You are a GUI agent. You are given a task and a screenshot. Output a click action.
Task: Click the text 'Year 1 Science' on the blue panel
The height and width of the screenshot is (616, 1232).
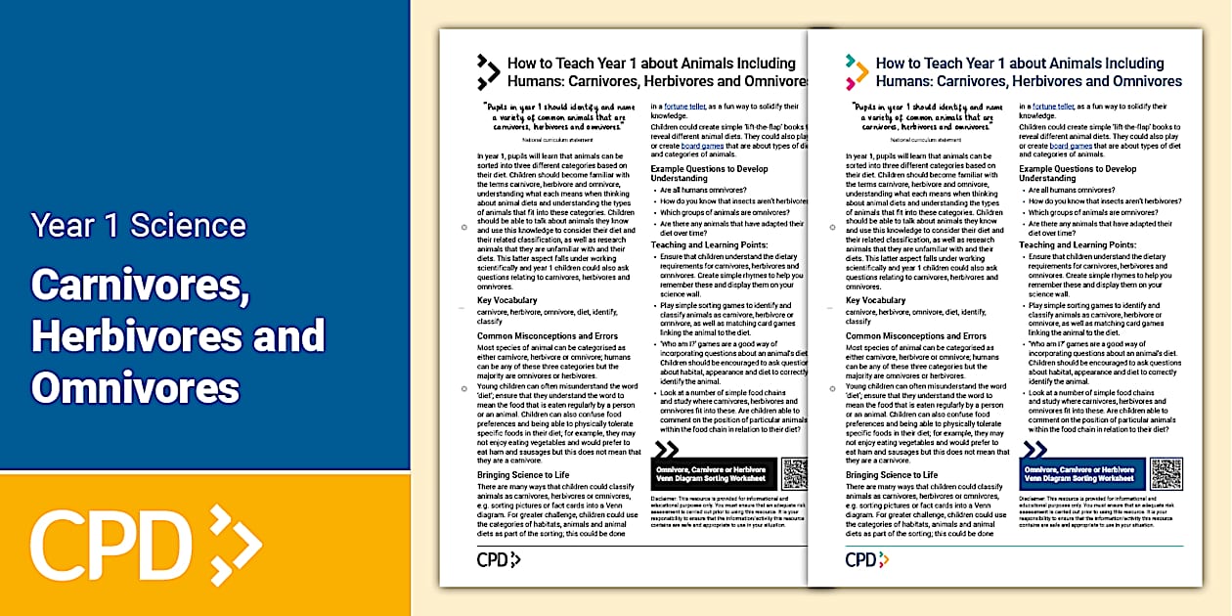pyautogui.click(x=138, y=225)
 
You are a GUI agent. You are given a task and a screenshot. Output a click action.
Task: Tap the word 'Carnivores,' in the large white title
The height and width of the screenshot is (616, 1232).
pyautogui.click(x=138, y=285)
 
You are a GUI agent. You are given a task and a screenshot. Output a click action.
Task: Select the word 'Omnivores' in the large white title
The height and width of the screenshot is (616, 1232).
pyautogui.click(x=135, y=387)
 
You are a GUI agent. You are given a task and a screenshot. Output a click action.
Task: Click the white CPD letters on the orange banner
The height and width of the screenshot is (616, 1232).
pyautogui.click(x=110, y=543)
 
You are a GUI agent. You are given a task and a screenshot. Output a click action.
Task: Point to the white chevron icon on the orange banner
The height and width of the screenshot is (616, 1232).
pyautogui.click(x=235, y=544)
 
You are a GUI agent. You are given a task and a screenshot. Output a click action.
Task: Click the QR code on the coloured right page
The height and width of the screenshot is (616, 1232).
pyautogui.click(x=1166, y=473)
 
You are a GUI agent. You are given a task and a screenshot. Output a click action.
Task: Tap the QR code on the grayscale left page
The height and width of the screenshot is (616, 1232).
pyautogui.click(x=794, y=473)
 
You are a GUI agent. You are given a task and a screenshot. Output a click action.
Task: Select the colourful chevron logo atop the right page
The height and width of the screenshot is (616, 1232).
pyautogui.click(x=857, y=71)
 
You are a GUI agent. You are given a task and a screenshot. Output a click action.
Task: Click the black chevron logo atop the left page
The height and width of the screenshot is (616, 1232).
pyautogui.click(x=488, y=71)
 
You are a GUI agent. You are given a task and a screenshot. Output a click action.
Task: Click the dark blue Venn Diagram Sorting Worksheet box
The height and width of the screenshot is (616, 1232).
pyautogui.click(x=1080, y=473)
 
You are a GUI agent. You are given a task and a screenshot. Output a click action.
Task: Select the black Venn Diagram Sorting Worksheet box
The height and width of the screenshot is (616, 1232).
pyautogui.click(x=714, y=473)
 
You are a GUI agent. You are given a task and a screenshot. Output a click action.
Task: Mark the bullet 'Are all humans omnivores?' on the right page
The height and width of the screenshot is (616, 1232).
pyautogui.click(x=1071, y=190)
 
